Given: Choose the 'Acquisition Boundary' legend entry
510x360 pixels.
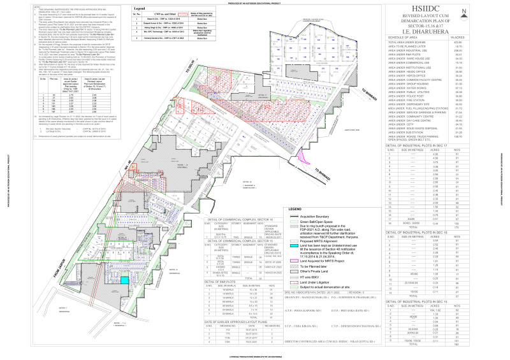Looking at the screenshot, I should click(x=313, y=215).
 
